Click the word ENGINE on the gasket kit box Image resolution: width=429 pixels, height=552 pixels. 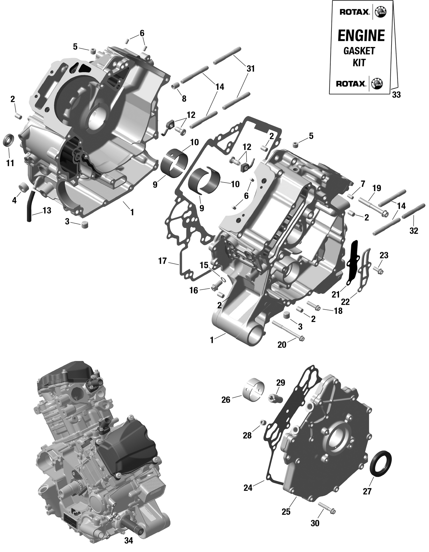point(361,36)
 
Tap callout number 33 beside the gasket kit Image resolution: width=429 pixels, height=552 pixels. point(396,95)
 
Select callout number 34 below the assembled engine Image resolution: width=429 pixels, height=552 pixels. point(129,541)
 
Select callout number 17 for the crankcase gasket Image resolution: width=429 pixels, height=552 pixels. point(162,261)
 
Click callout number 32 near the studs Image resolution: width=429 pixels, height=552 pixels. point(414,231)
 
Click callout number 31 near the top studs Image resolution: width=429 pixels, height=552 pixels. point(251,69)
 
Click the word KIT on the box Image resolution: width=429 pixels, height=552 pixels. point(359,63)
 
